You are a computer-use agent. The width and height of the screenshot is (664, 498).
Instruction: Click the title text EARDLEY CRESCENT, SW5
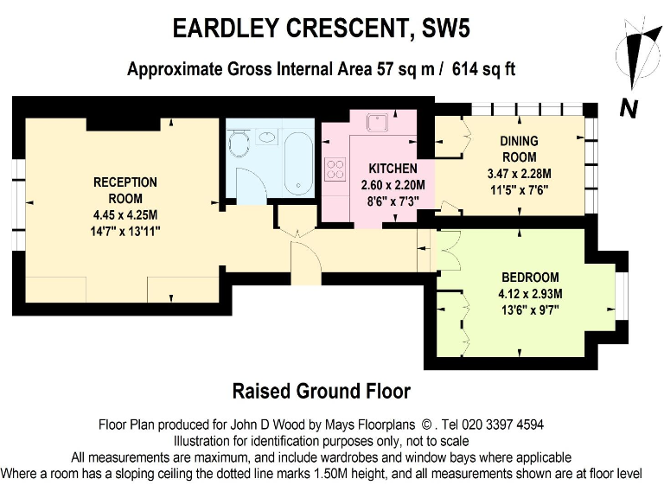tap(322, 28)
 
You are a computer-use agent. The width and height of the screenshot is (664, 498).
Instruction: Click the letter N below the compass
tap(629, 108)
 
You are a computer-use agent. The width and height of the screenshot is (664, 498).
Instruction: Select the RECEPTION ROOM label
tap(125, 189)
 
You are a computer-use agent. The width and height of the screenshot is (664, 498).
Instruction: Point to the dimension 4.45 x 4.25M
tap(125, 216)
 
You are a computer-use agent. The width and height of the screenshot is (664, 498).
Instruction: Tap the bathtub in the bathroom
tap(298, 164)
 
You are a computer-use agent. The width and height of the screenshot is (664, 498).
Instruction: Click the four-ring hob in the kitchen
tap(335, 169)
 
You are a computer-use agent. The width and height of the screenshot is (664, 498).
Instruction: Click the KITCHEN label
tap(393, 168)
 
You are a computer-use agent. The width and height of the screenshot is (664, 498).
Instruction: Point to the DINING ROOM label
tap(519, 149)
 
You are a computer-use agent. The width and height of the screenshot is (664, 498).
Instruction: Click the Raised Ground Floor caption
tap(322, 391)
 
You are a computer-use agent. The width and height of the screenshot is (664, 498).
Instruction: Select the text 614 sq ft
tap(483, 68)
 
